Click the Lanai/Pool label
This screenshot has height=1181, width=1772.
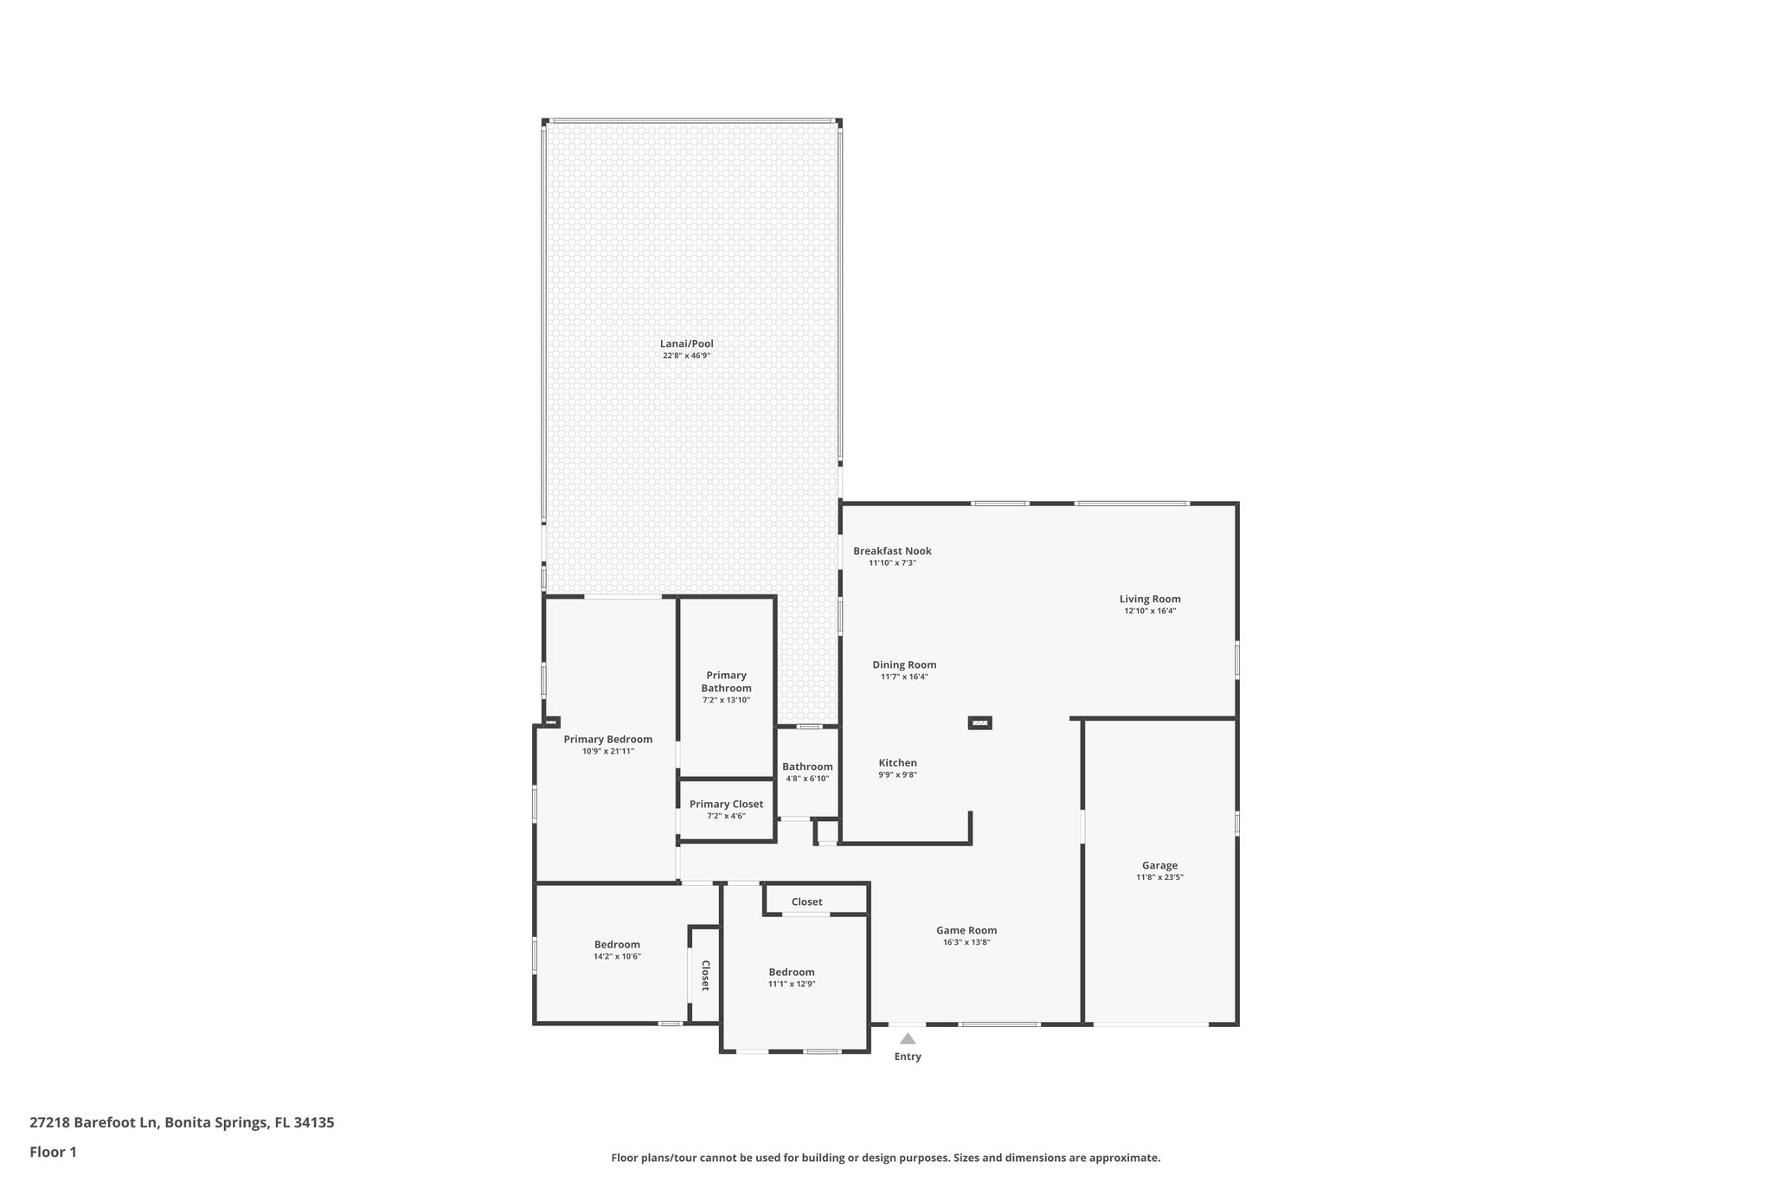click(686, 343)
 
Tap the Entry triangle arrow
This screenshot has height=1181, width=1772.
click(907, 1038)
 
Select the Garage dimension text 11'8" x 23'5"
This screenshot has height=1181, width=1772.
click(1159, 877)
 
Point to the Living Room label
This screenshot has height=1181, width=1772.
click(1150, 599)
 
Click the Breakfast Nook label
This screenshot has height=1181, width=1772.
click(892, 551)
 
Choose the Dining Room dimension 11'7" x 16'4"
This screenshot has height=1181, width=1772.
click(904, 677)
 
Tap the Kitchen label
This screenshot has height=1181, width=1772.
click(897, 763)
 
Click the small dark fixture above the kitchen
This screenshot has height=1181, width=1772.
click(979, 722)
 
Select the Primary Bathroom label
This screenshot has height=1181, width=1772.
click(726, 682)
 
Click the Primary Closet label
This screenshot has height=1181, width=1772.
click(726, 804)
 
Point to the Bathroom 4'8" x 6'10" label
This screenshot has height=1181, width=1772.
click(807, 767)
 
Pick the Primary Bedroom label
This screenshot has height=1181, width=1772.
click(607, 739)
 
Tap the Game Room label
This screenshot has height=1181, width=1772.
click(966, 930)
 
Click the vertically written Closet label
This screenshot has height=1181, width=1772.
click(705, 975)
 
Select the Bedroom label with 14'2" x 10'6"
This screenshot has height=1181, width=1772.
click(617, 945)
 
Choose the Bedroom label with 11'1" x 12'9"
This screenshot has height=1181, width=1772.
click(792, 972)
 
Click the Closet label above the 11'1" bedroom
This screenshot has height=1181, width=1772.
click(806, 902)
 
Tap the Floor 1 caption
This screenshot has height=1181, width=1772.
click(53, 1152)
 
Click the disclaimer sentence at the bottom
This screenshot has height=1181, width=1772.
click(885, 1158)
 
